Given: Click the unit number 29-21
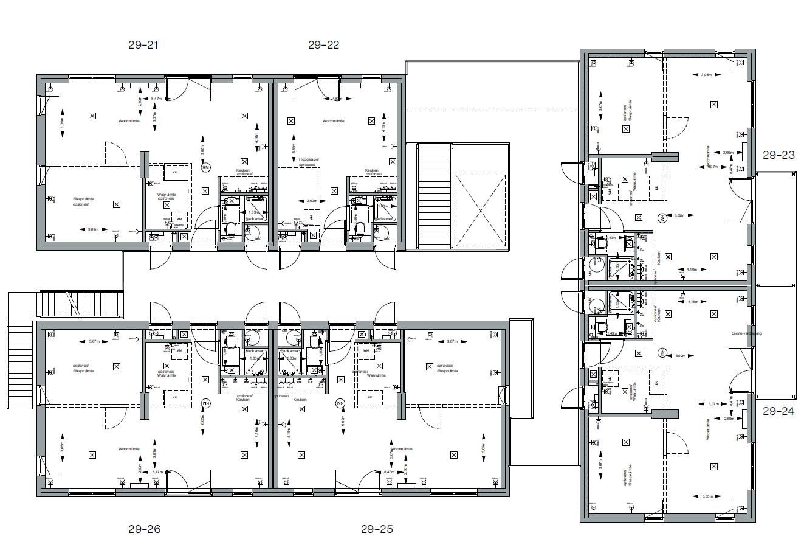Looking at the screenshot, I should [143, 44].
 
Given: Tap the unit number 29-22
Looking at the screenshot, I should [323, 44].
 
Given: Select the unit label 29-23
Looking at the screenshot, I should [778, 155].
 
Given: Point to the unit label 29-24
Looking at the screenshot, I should [778, 411].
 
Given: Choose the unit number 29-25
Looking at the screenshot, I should [377, 529].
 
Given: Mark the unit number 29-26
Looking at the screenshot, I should [144, 529].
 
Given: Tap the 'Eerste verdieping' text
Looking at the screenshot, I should [746, 333].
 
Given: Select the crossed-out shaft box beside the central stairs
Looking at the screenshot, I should [480, 210].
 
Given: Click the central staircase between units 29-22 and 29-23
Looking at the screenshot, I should [434, 195].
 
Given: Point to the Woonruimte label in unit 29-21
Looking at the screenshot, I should [129, 121].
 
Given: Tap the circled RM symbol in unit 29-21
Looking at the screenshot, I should [205, 167].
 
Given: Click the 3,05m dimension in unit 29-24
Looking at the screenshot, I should [707, 496].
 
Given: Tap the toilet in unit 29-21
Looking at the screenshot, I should [230, 228].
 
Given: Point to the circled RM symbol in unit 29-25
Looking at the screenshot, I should [340, 403].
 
